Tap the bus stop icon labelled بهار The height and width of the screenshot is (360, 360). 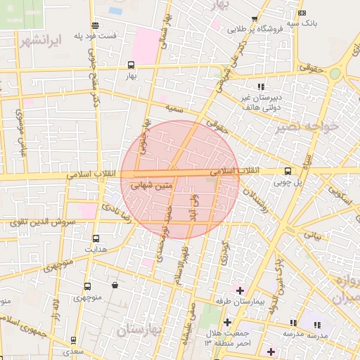click(131, 65)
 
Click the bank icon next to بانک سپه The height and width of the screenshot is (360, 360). click(302, 13)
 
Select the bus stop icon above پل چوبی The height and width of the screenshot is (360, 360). click(288, 171)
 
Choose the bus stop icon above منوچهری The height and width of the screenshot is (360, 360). click(87, 286)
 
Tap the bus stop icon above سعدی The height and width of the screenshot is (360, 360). click(72, 339)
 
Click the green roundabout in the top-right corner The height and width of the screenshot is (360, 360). click(335, 73)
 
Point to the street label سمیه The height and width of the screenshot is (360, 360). click(175, 110)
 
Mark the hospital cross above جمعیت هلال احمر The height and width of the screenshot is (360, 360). click(226, 322)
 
